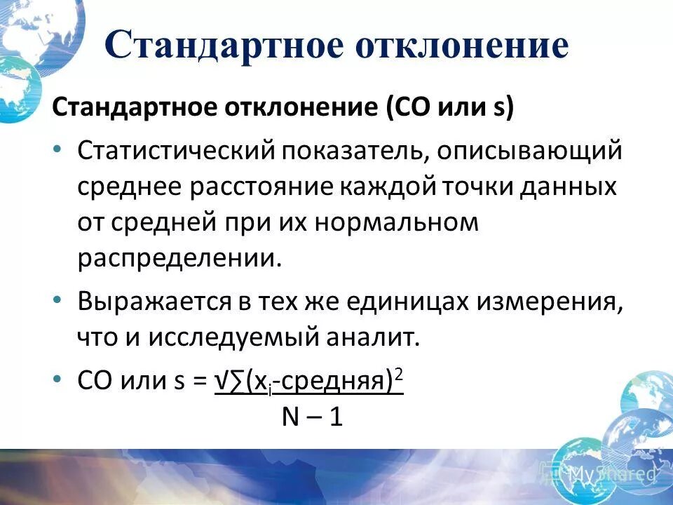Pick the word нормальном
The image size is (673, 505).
(397, 223)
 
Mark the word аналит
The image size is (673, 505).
(379, 338)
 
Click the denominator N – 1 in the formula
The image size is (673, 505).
(312, 417)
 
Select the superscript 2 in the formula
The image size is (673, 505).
(399, 375)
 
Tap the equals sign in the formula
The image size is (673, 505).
(200, 382)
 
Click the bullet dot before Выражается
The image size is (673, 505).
(58, 299)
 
